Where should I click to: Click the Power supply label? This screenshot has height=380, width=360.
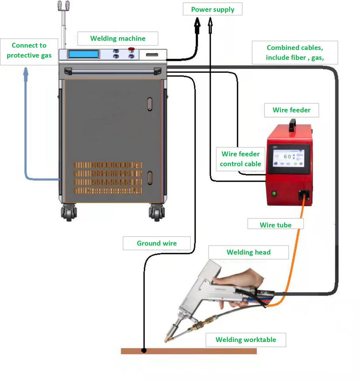coord(212,9)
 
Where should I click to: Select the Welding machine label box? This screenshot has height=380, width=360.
coord(118,38)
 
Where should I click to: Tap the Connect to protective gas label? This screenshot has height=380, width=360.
coord(29,50)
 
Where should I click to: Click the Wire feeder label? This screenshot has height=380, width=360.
coord(292,110)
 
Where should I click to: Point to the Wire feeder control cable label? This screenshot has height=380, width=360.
coord(241,159)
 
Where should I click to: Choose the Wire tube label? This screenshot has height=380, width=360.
coord(276,225)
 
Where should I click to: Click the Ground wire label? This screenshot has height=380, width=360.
coord(157,243)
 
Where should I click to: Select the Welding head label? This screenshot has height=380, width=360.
coord(248,252)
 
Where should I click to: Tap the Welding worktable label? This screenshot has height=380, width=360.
coord(246,340)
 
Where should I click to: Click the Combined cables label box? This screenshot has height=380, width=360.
coord(295,53)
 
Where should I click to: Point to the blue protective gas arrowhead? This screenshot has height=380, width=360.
coord(26,72)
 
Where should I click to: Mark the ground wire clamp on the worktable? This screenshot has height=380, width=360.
coord(144,351)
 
